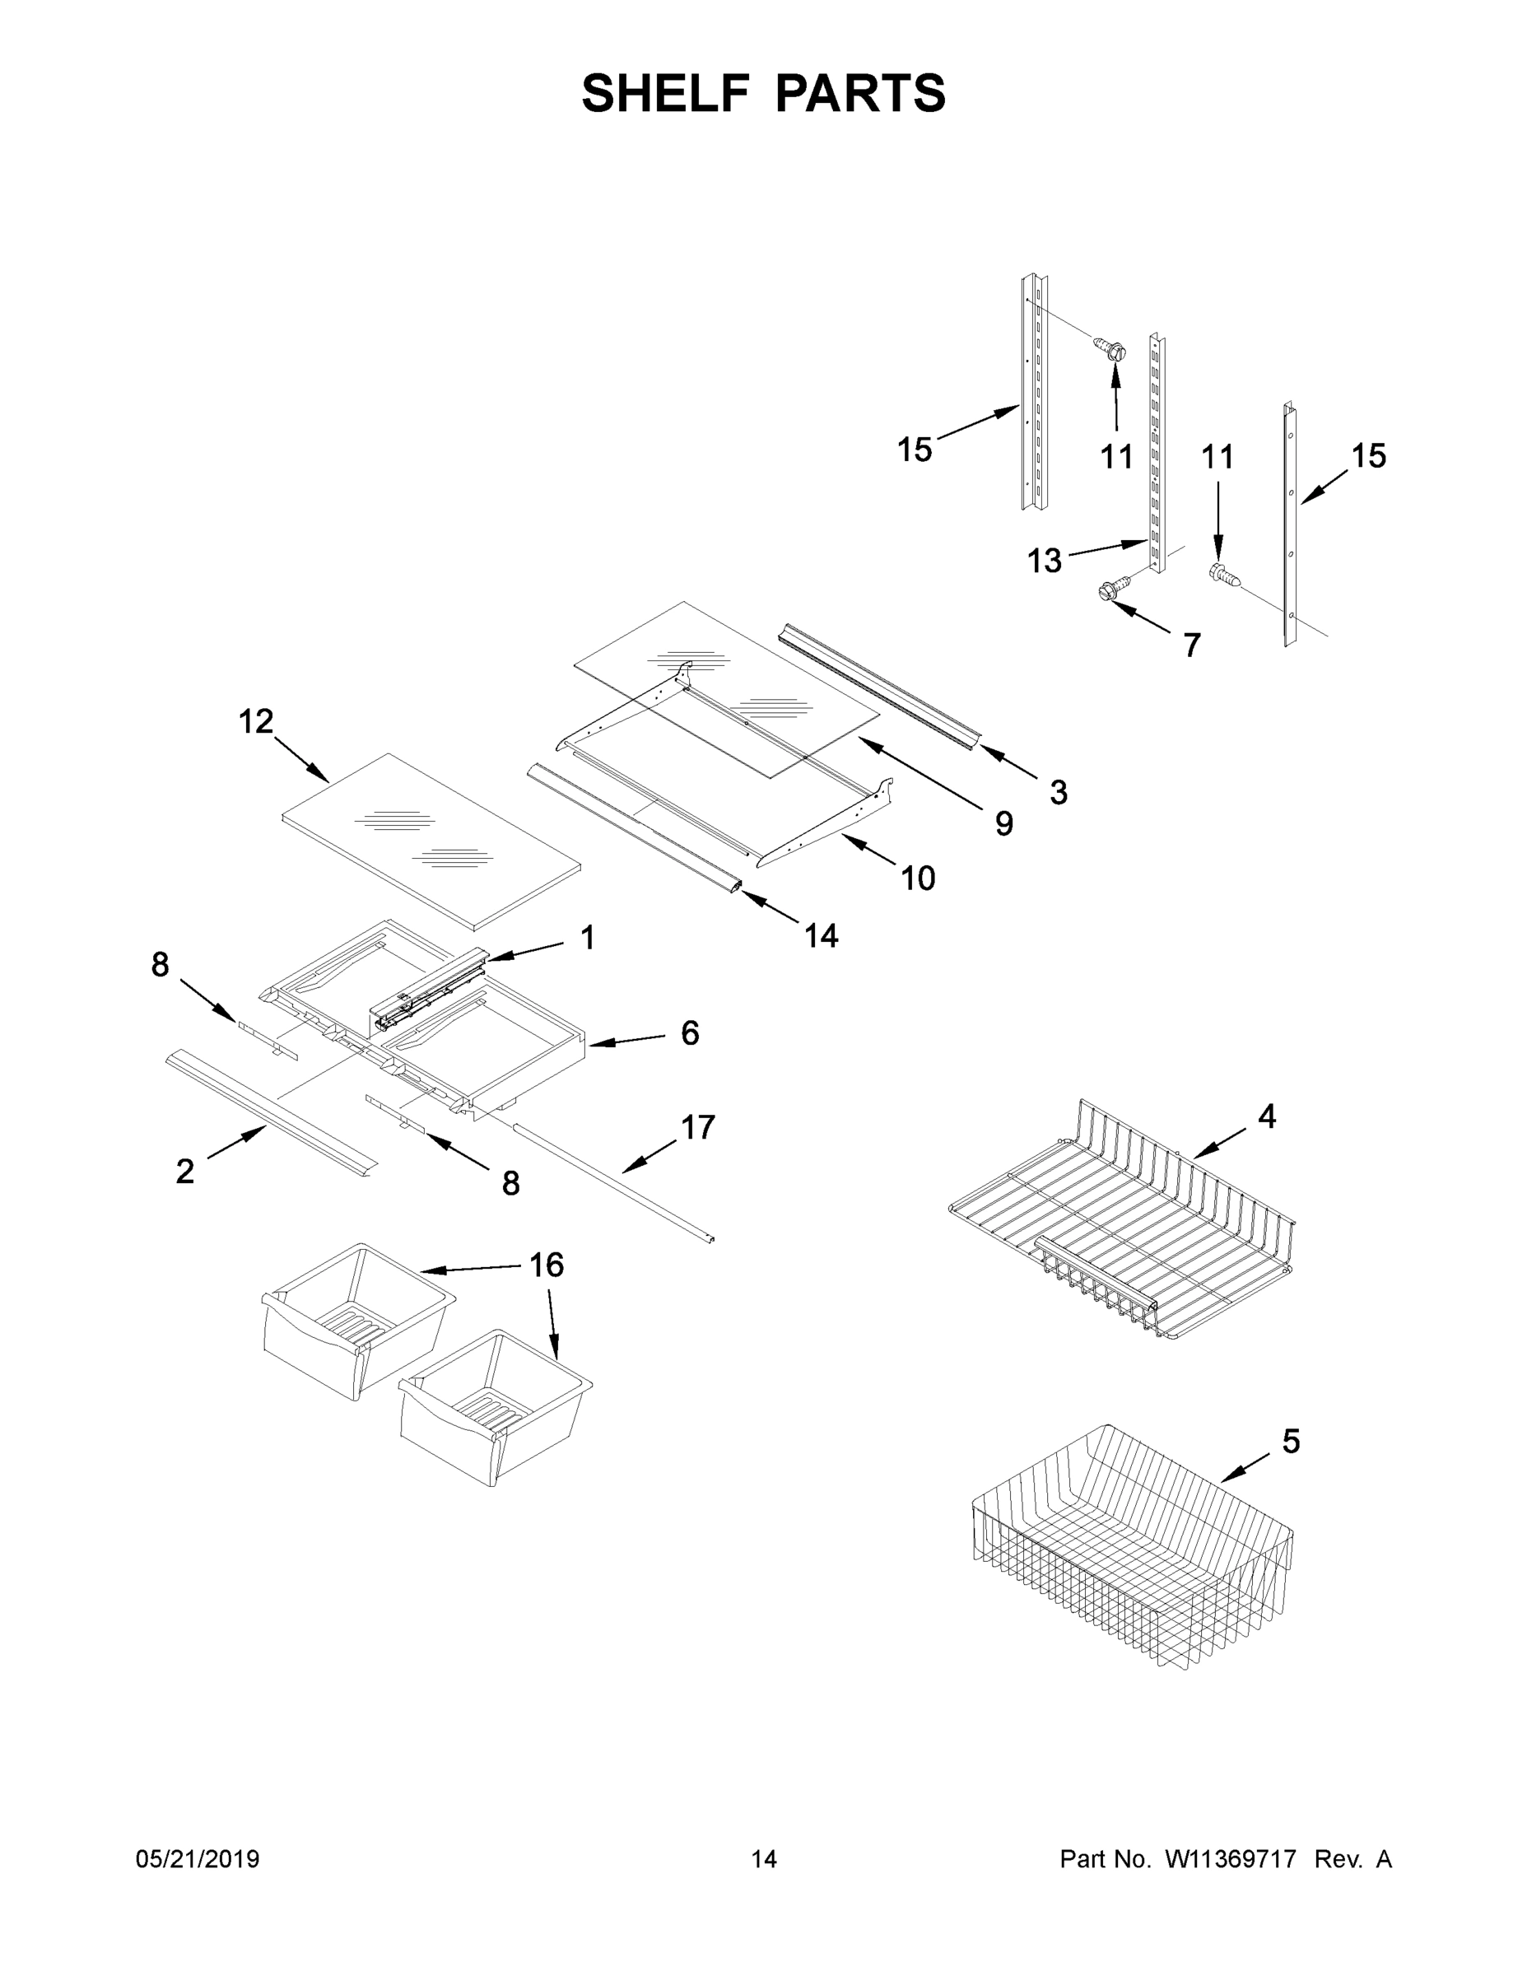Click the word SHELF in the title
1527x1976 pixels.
pos(666,93)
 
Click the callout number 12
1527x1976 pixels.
pos(256,721)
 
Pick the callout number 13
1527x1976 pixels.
pos(1044,561)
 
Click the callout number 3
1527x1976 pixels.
pos(1059,792)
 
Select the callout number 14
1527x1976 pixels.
pos(822,935)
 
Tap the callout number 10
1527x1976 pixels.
pos(917,878)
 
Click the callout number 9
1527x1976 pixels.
pos(1004,823)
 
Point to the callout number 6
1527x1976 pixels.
pos(689,1032)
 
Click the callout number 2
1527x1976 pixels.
pos(184,1172)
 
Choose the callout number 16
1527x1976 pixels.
pos(547,1265)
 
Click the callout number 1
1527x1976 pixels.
pos(587,939)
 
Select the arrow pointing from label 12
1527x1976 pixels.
pos(301,759)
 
